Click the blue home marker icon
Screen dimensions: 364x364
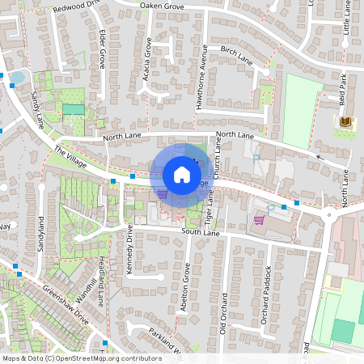coord(182,174)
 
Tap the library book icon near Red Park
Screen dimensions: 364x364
coord(345,121)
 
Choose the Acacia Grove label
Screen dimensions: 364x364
coord(148,56)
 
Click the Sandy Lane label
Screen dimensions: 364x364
coord(36,110)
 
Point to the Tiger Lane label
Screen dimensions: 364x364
coord(209,207)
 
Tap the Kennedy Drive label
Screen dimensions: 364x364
coord(129,251)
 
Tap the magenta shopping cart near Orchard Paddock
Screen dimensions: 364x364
coord(259,219)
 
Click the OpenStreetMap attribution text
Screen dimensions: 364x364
coord(82,358)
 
